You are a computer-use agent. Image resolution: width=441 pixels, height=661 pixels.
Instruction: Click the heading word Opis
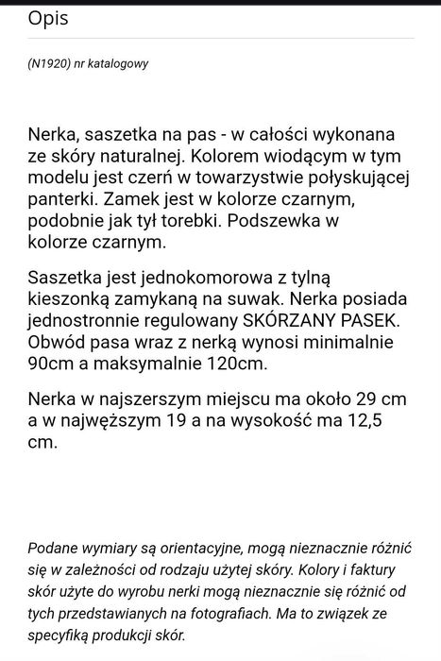click(47, 18)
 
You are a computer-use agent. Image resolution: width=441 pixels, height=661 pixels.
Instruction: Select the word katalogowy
click(121, 64)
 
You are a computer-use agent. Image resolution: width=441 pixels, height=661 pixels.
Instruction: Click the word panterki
click(62, 201)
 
